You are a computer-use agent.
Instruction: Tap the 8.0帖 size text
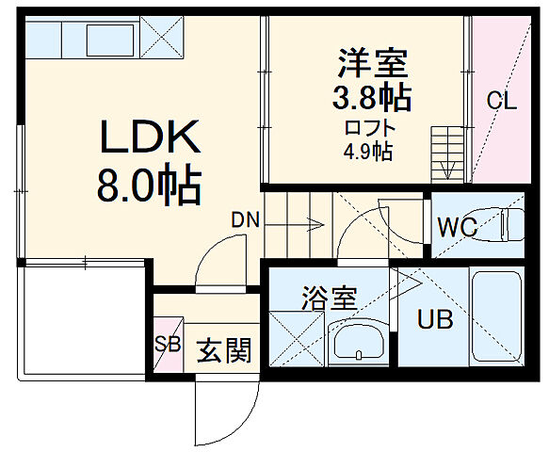pos(148,186)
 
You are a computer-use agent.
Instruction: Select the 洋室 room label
pos(373,63)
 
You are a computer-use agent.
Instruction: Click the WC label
pos(458,228)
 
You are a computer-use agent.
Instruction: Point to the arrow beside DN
pos(302,225)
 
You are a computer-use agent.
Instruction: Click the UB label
pos(435,320)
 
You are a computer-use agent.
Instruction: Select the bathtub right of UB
pos(496,320)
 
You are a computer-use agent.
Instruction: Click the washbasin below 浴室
pos(359,344)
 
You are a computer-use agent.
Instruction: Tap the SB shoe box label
pos(168,344)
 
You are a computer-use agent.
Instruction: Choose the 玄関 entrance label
pos(224,351)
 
